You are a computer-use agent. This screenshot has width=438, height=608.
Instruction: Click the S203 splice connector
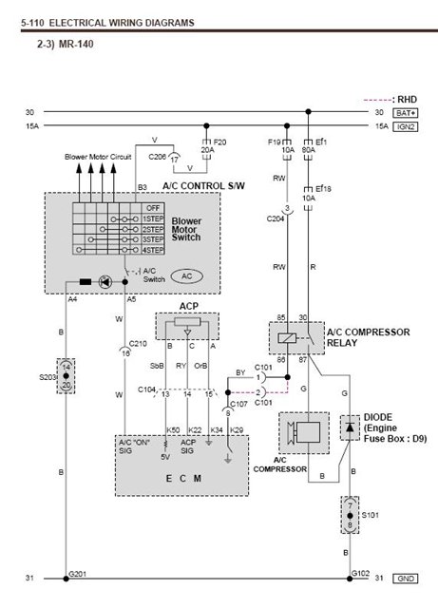(65, 376)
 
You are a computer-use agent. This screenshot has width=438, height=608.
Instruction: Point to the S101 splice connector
(351, 516)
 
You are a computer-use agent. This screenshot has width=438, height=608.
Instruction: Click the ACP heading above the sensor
(187, 306)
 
